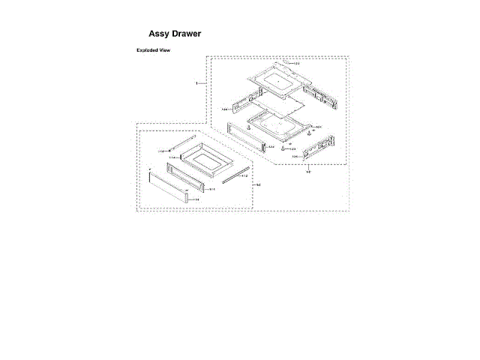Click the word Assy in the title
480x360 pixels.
[x=159, y=34]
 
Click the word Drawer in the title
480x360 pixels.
[x=186, y=34]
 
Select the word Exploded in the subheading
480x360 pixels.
[x=147, y=50]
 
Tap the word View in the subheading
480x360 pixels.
[x=165, y=50]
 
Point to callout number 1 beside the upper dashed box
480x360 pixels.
[x=196, y=82]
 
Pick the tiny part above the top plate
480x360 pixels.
[x=287, y=62]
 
